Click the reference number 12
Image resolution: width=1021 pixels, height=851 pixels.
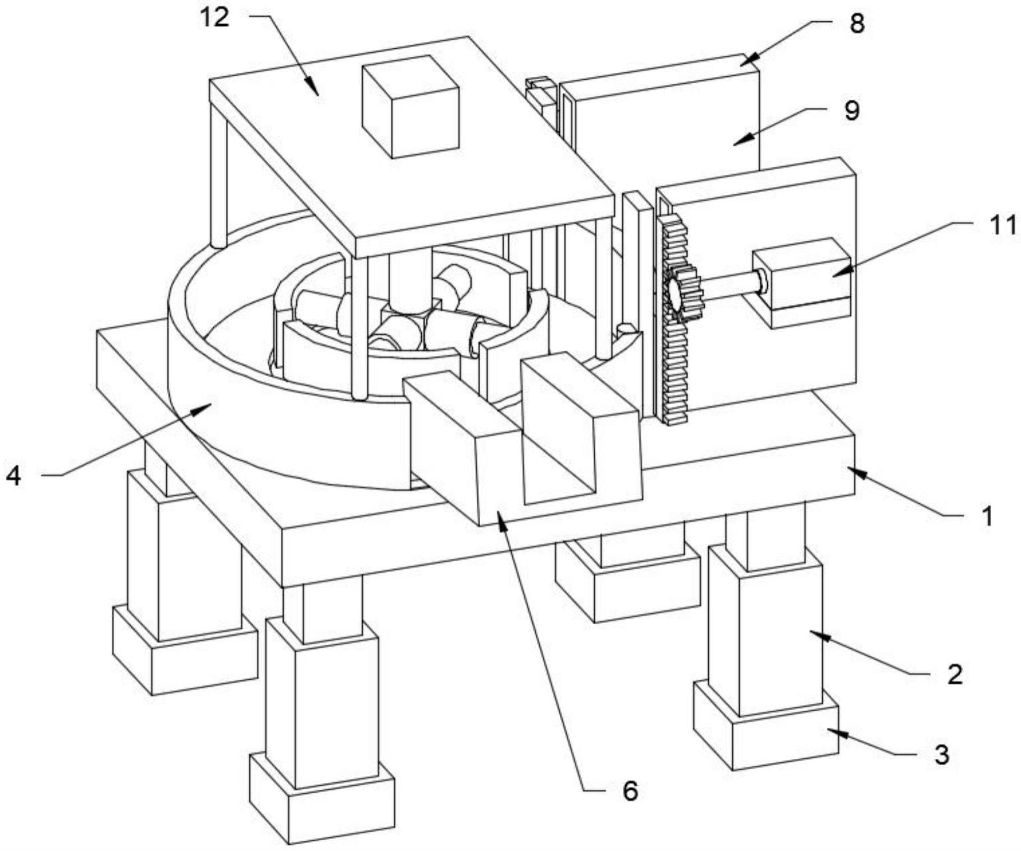click(x=215, y=18)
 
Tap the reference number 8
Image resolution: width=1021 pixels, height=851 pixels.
click(x=856, y=24)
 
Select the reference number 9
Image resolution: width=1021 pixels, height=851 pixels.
click(x=851, y=111)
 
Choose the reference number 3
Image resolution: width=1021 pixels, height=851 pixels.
click(x=942, y=754)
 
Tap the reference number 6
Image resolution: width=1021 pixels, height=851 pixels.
click(x=630, y=791)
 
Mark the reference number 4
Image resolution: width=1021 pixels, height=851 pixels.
click(x=14, y=477)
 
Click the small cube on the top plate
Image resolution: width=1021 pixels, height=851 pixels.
click(x=411, y=107)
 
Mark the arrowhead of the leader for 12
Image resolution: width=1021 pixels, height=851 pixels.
click(x=318, y=94)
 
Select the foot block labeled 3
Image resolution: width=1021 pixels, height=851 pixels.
click(x=767, y=730)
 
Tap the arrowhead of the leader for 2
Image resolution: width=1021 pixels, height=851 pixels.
click(x=810, y=633)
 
